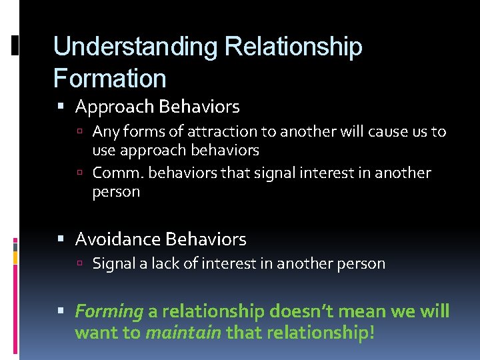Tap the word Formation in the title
[109, 79]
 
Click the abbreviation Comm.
[118, 173]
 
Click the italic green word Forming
[109, 312]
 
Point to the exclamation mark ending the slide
[371, 332]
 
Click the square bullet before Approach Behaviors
[61, 107]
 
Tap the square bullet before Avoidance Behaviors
[61, 239]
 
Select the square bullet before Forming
[61, 312]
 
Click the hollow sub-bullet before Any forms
[79, 133]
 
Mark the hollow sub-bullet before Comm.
[79, 174]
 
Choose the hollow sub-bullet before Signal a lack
[79, 264]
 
